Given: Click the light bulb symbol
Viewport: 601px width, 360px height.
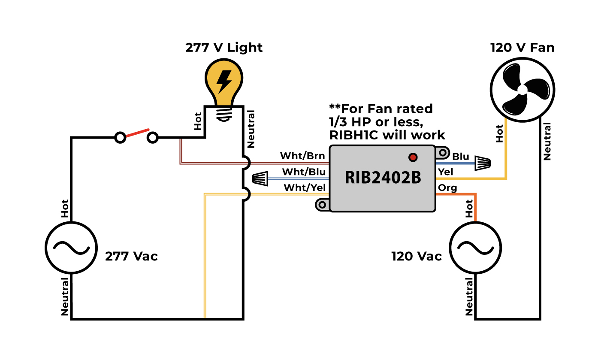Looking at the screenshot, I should [x=223, y=86].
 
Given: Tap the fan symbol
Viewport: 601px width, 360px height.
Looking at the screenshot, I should [x=522, y=90].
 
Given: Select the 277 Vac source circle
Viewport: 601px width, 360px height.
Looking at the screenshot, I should [x=68, y=248].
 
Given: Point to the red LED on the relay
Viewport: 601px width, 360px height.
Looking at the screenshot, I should [x=413, y=157].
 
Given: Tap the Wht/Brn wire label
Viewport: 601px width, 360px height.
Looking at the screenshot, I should [x=302, y=156].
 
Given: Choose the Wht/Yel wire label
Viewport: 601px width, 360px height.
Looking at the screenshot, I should [x=305, y=188].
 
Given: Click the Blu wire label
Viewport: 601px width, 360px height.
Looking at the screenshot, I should [x=461, y=157].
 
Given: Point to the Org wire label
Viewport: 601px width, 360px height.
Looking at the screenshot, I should [x=447, y=188].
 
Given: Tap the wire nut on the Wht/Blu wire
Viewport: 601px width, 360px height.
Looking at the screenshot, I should [x=260, y=178].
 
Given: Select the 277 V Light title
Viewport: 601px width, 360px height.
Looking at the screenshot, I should [x=224, y=48].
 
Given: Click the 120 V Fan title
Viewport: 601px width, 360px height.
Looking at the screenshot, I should [x=522, y=48].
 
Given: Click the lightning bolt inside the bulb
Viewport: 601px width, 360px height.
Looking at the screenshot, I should [x=223, y=82].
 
